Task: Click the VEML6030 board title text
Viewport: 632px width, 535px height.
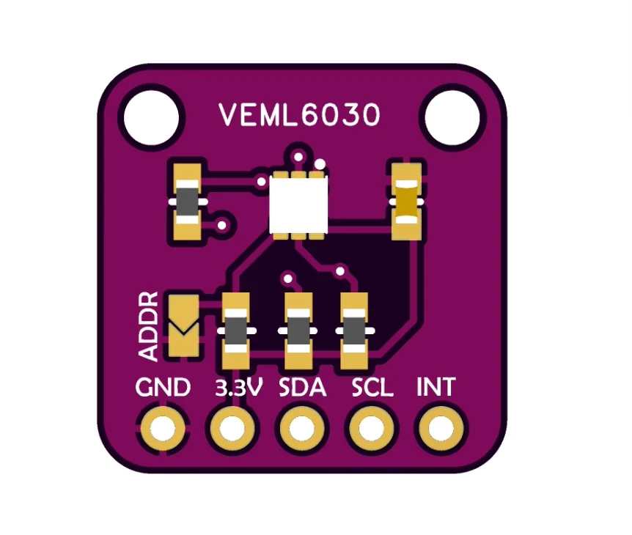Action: [x=300, y=115]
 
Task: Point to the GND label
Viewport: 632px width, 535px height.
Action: [x=163, y=388]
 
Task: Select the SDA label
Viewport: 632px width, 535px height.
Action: [x=302, y=388]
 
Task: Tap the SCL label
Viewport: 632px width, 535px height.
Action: [x=372, y=388]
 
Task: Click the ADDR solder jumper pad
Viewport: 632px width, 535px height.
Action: [x=183, y=325]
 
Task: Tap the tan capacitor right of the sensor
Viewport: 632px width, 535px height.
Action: [x=406, y=201]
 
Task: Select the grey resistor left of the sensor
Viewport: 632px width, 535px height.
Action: [x=188, y=200]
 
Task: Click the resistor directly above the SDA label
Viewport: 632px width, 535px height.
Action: [x=298, y=331]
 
